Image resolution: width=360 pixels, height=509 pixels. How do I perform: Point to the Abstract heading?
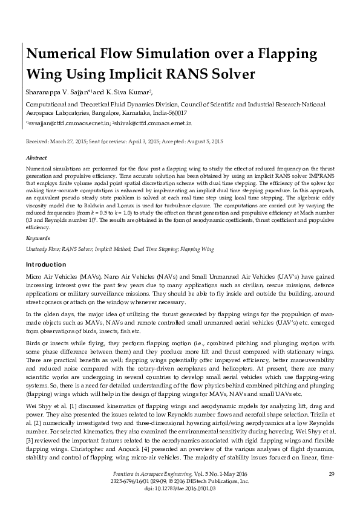(36, 156)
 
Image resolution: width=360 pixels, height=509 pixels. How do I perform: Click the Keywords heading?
(38, 238)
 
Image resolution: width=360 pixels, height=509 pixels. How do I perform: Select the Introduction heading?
(46, 265)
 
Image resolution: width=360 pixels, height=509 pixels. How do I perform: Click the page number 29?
(331, 473)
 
